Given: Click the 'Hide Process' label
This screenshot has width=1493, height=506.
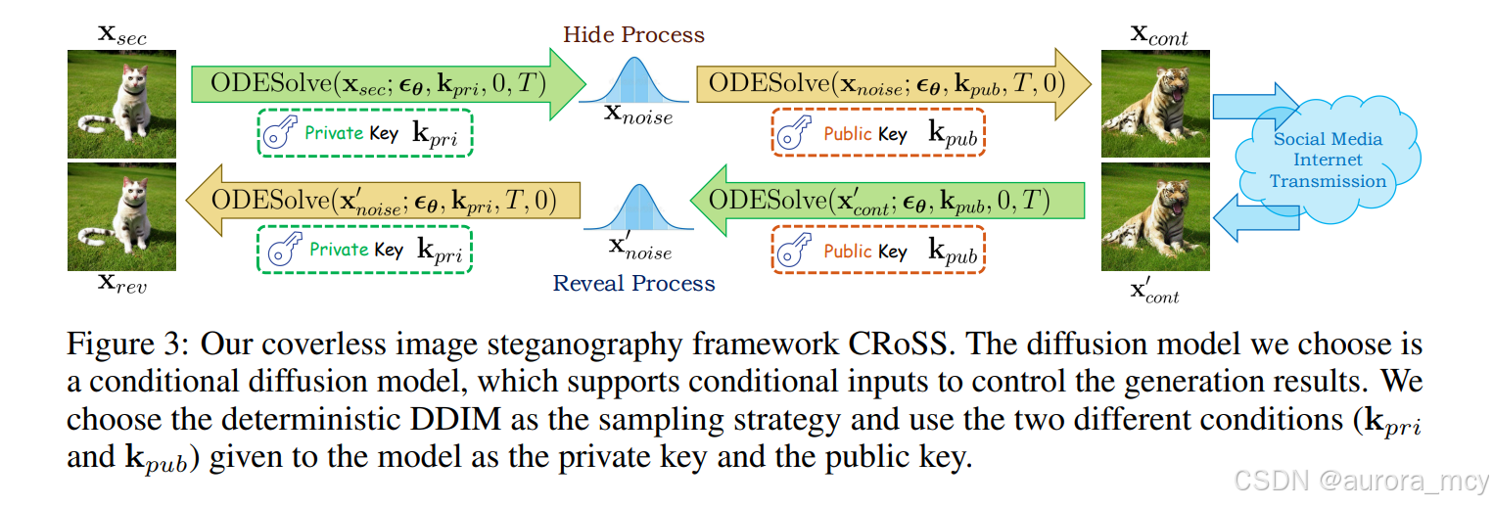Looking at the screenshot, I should click(633, 35).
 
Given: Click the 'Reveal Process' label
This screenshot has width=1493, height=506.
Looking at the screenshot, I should click(633, 284).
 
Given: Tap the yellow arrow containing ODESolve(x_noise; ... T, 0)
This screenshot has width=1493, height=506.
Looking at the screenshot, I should click(886, 83).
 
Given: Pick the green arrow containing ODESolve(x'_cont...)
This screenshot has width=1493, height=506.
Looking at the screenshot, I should click(886, 201).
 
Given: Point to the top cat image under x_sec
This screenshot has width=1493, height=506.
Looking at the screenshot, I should click(122, 105).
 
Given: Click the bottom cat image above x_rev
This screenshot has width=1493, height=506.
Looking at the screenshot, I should click(122, 217).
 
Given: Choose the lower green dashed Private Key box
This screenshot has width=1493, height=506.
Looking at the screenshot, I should click(364, 250).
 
